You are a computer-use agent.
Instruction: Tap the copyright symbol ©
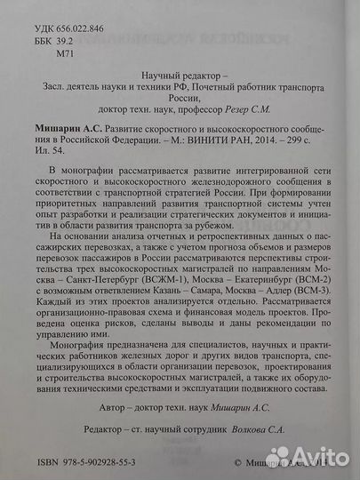237,463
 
